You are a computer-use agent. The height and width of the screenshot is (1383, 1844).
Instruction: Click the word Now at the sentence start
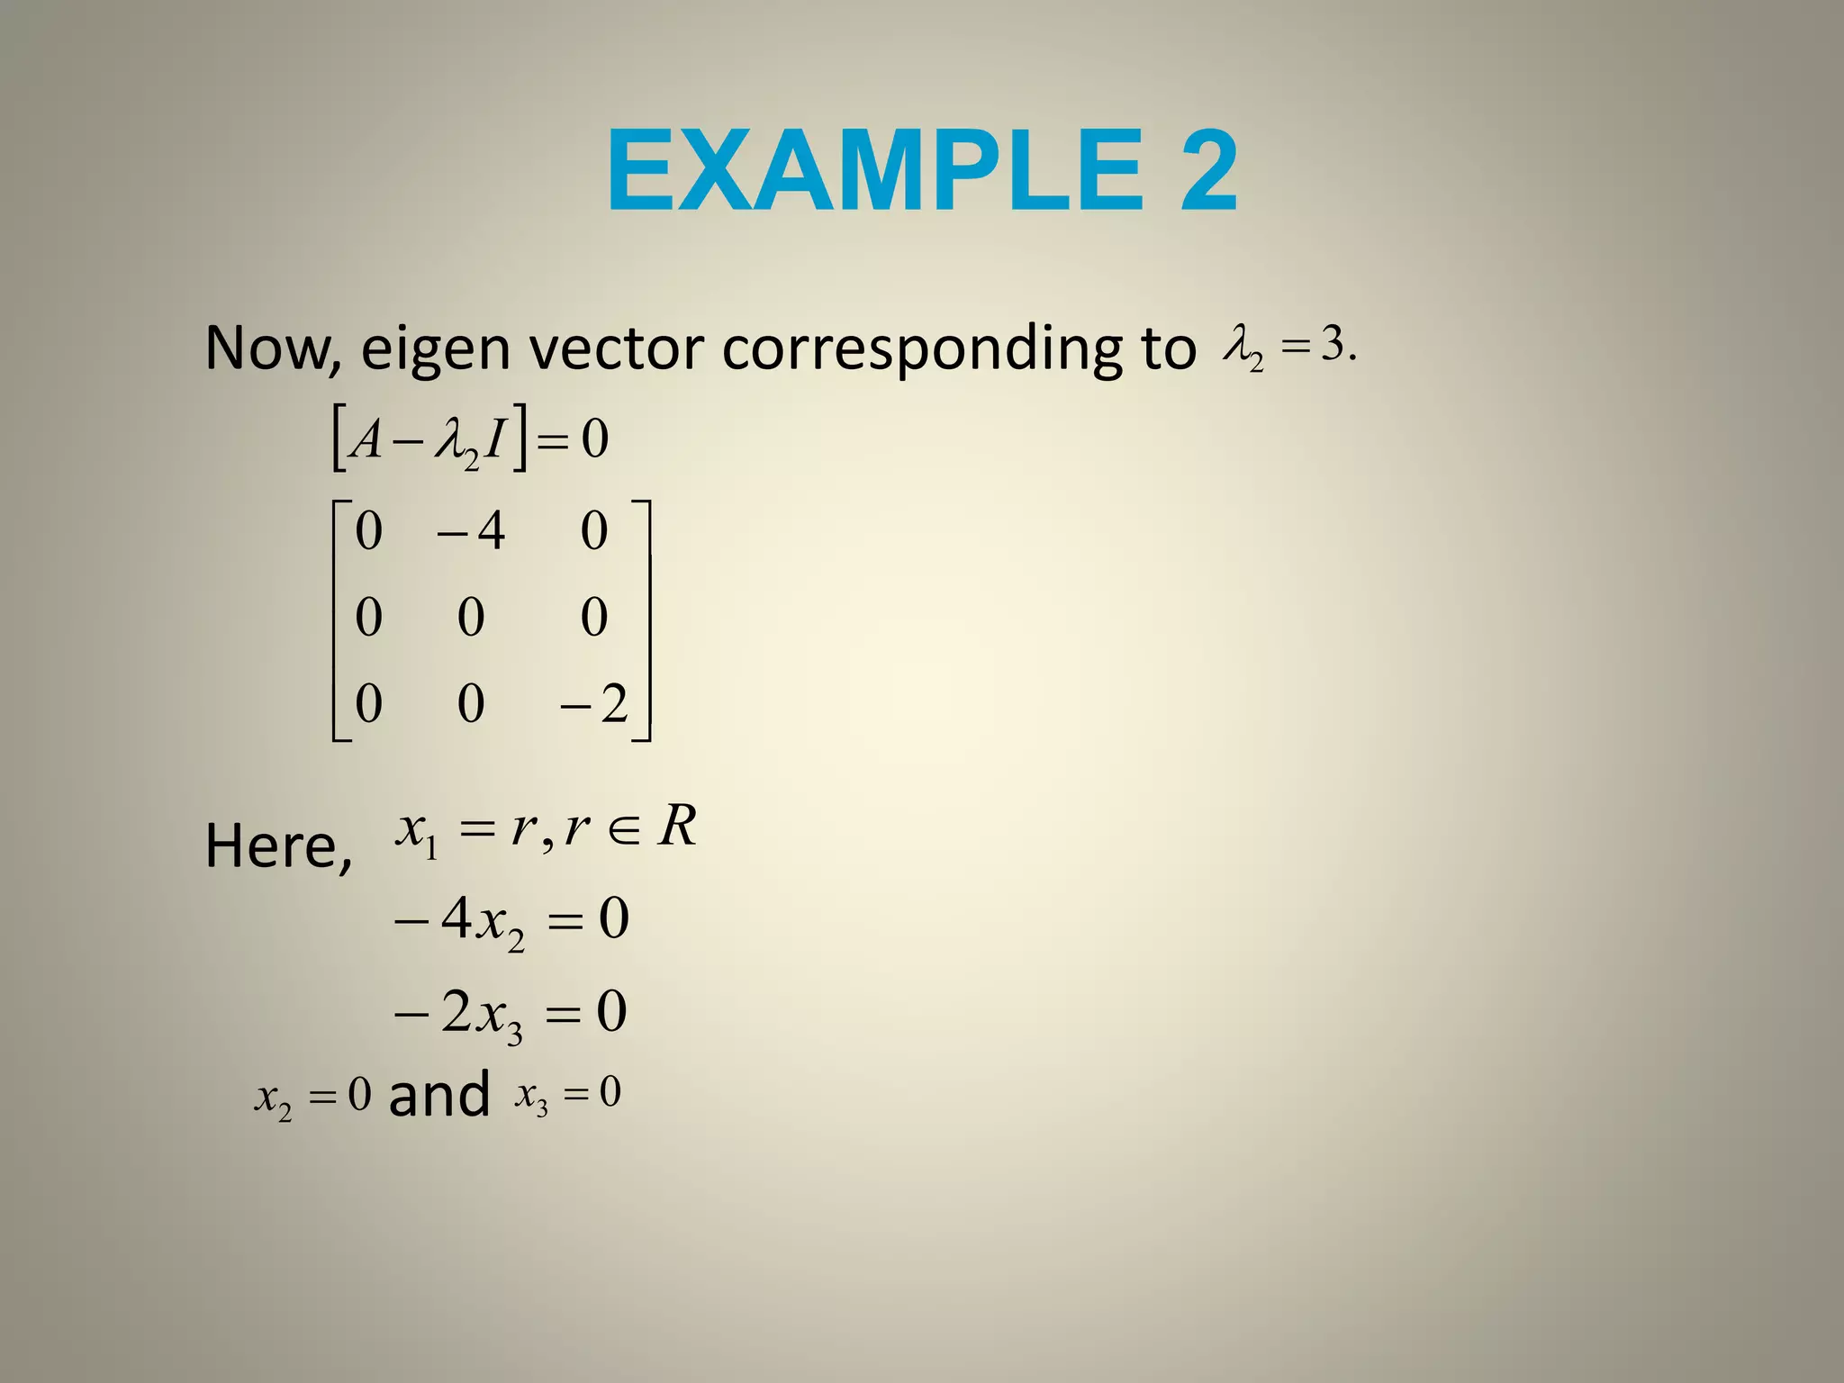pos(268,348)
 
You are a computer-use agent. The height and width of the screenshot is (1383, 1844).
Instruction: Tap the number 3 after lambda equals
pos(1333,343)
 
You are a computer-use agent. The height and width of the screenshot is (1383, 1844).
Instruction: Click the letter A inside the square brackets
pos(366,440)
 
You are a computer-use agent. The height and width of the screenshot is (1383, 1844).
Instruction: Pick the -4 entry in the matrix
pos(471,530)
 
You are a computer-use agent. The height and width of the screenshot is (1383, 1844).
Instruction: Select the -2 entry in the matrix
pos(594,703)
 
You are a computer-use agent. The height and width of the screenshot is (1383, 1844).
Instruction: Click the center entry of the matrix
pos(471,618)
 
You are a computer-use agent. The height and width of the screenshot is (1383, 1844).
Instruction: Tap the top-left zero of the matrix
pos(368,530)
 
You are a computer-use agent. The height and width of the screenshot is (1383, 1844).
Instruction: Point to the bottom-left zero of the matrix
pos(368,703)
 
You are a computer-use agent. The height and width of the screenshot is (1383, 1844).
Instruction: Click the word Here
pos(277,846)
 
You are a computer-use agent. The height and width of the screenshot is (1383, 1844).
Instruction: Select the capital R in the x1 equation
pos(677,826)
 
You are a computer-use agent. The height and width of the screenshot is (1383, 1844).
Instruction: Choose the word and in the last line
pos(438,1095)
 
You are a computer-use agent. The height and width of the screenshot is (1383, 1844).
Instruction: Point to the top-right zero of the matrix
pos(594,530)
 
